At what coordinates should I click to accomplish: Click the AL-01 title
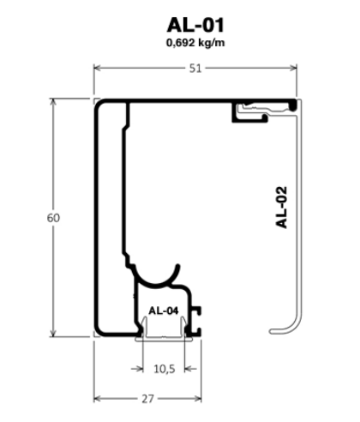coord(195,25)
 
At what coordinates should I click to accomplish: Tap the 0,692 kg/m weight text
coord(195,43)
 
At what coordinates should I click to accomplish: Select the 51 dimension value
coord(195,69)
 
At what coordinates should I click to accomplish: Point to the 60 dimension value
coord(53,218)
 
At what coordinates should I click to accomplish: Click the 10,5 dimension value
coord(165,369)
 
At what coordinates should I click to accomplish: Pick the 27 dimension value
coord(147,399)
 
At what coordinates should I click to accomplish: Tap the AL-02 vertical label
coord(281,208)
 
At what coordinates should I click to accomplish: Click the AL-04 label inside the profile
coord(164,310)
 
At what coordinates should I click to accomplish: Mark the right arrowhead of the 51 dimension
coord(292,68)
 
